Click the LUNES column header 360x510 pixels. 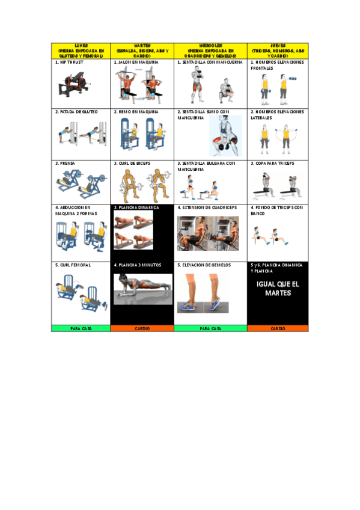point(81,51)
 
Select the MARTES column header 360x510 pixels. point(142,51)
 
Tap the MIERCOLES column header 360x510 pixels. point(210,51)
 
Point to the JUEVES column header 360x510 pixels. point(278,51)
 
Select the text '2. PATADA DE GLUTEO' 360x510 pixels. point(76,112)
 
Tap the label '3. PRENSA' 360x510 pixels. point(66,163)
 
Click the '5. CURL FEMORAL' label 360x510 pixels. point(73,265)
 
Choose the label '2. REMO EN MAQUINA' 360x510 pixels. point(136,112)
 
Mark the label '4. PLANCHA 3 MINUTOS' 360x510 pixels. point(138,265)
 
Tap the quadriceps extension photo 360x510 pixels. point(208,233)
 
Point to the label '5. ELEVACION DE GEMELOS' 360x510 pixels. point(206,265)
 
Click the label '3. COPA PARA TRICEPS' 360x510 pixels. point(273,163)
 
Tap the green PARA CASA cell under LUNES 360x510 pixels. point(81,328)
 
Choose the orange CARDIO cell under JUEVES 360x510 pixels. point(278,328)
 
